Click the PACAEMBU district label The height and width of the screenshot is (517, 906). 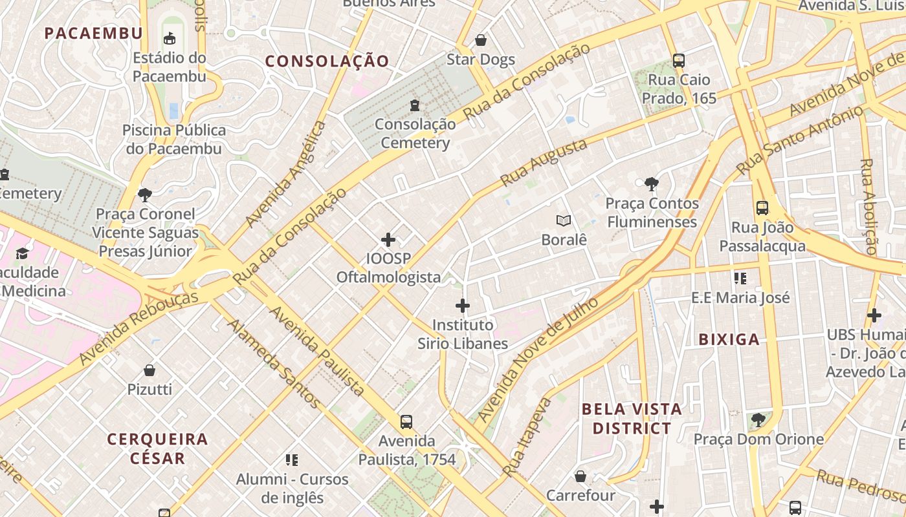93,33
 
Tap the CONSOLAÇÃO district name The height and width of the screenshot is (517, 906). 327,61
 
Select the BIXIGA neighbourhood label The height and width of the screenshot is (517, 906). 729,339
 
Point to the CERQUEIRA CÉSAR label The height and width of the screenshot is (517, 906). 158,448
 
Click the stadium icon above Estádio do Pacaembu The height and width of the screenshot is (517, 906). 170,39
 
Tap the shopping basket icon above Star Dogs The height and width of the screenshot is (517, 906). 481,41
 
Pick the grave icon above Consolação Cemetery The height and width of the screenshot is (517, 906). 415,105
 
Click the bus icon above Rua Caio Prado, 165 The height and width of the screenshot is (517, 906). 679,61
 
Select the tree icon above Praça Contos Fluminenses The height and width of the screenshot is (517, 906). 652,184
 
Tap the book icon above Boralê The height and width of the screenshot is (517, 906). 564,221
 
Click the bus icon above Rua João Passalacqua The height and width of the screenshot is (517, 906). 762,208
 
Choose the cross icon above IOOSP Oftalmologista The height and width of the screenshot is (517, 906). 388,240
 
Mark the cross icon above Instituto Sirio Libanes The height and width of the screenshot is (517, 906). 463,306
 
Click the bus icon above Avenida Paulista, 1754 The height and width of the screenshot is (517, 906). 406,422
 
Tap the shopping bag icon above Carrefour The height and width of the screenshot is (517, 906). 580,477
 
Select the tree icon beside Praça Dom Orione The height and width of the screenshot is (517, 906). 758,421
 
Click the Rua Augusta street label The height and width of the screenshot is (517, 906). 544,162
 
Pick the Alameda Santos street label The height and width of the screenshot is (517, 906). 274,364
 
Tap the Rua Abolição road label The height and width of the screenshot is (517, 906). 869,206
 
